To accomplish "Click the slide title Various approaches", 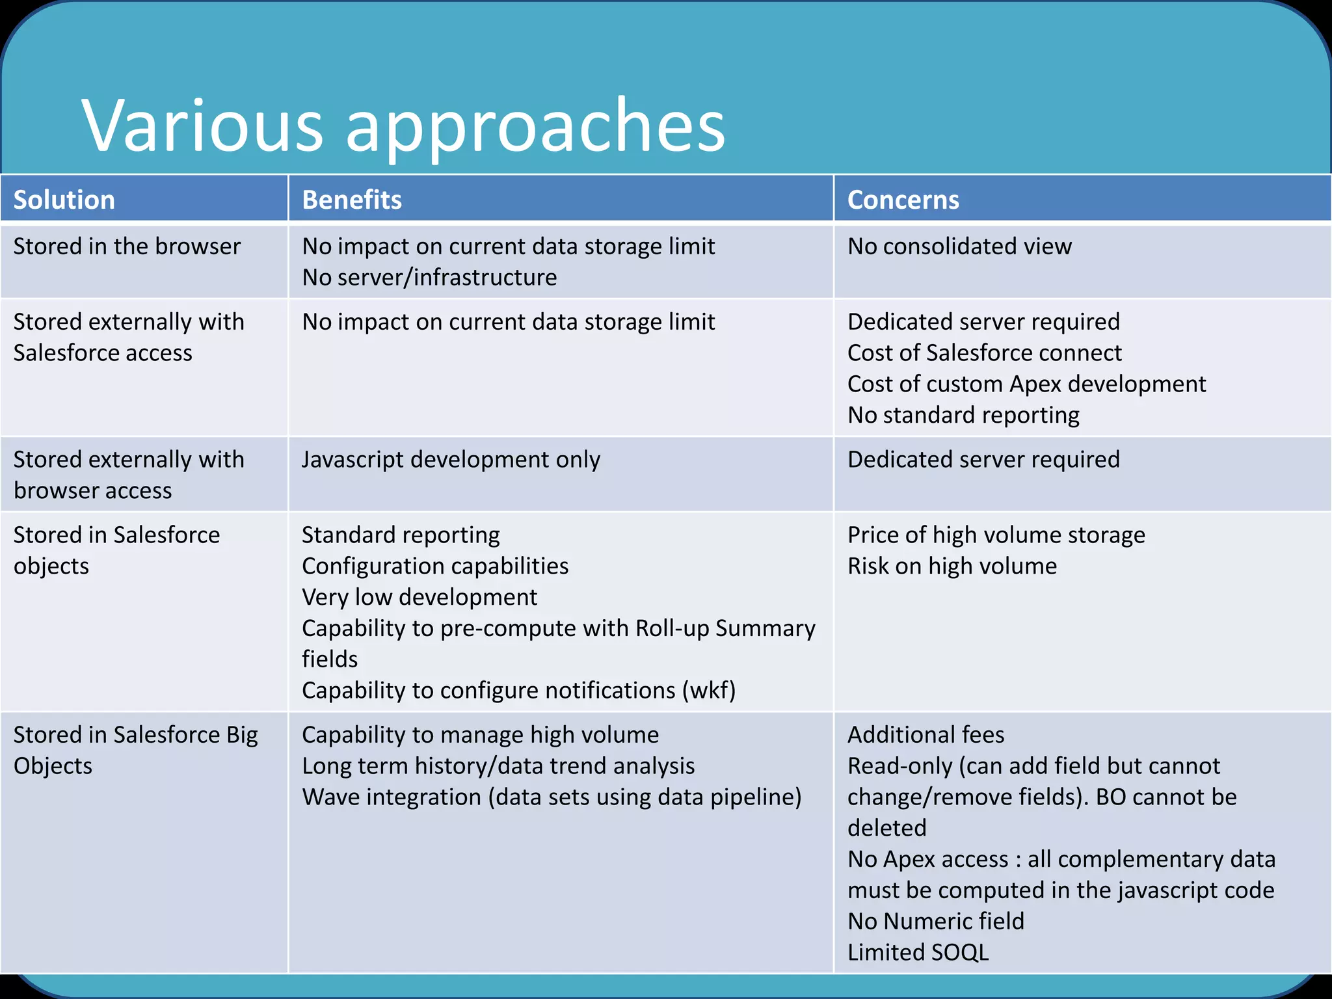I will [x=403, y=125].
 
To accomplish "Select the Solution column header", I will [x=64, y=200].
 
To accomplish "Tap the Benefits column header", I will [x=352, y=200].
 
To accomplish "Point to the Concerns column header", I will [x=903, y=200].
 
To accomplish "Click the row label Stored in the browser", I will [x=127, y=246].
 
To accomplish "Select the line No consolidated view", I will [x=959, y=246].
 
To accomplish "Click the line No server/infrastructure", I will [x=429, y=278].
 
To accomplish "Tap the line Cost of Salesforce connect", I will [x=984, y=353].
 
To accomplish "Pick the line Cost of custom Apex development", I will [x=1026, y=384].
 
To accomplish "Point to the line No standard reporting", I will [x=963, y=416].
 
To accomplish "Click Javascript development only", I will [x=451, y=460].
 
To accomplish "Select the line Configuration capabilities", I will [x=435, y=566].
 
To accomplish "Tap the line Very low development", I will [x=420, y=598].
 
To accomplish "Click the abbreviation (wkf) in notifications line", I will [x=708, y=691].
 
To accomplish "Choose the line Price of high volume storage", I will [x=996, y=535].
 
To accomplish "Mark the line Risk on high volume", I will [x=952, y=566].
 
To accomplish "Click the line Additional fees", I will [x=926, y=735].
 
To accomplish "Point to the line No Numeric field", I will [x=935, y=922].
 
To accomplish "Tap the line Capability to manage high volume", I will [x=480, y=735].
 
